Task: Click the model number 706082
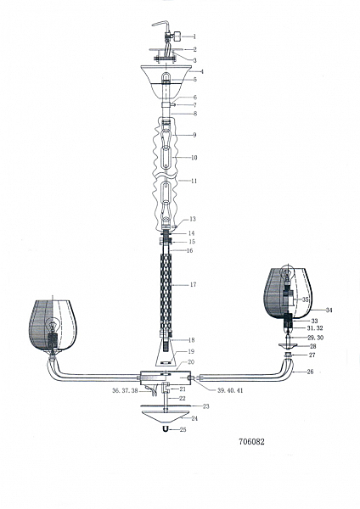251,441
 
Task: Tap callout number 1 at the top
194,36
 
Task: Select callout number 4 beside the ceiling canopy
202,71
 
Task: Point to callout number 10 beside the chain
194,158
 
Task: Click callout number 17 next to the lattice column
194,285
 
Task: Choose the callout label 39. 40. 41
230,390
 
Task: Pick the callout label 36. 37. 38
125,391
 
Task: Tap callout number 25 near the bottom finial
183,429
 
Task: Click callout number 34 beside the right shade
329,310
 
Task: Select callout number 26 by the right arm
310,372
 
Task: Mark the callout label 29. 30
315,338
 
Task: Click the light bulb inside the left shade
52,325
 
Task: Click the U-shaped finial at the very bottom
166,429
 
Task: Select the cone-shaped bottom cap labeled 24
166,416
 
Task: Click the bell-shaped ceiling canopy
166,81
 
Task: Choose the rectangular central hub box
166,378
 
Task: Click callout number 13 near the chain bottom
193,219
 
